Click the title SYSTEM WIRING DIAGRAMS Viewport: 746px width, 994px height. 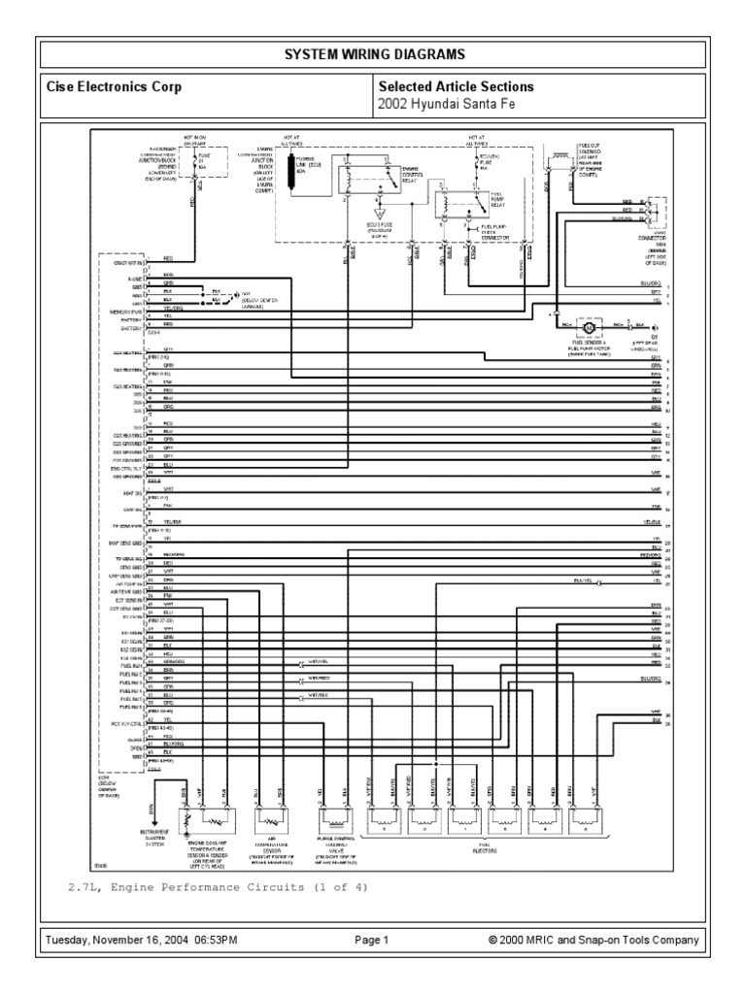point(372,53)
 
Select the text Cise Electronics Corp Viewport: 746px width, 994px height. point(114,87)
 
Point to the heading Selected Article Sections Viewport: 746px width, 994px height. point(456,87)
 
